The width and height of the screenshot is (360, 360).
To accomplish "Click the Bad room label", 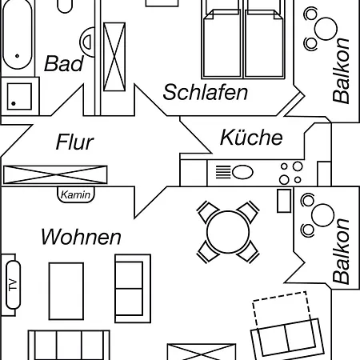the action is tap(64, 63).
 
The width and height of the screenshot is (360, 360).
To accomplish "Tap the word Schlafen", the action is tap(206, 92).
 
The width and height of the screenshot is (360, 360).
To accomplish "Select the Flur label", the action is tap(74, 142).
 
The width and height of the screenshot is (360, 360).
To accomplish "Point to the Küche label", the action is tap(251, 138).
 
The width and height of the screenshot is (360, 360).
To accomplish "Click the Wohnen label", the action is tap(81, 237).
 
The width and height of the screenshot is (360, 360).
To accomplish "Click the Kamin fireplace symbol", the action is tap(76, 194).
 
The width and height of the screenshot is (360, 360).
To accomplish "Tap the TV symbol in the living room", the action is tap(13, 285).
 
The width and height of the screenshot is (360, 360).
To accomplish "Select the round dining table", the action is tap(228, 232).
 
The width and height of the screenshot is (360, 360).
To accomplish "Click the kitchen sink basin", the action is tap(242, 172).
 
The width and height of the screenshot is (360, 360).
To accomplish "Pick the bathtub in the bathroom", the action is tap(18, 34).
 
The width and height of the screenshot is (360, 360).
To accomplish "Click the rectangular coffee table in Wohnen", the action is tap(66, 291).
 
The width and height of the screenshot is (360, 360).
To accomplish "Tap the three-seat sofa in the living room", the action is tap(69, 345).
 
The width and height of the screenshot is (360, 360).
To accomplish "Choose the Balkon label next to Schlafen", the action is tap(341, 71).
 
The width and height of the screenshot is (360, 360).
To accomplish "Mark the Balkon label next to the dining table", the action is tap(341, 251).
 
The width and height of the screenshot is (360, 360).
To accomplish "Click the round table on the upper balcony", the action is tap(326, 29).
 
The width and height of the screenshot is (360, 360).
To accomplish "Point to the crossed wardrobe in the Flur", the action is tap(55, 174).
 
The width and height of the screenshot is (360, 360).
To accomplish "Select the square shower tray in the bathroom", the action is tap(19, 96).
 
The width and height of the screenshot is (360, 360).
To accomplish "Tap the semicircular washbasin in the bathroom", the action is tap(88, 42).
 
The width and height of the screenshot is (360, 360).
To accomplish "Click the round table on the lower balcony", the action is tap(322, 215).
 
